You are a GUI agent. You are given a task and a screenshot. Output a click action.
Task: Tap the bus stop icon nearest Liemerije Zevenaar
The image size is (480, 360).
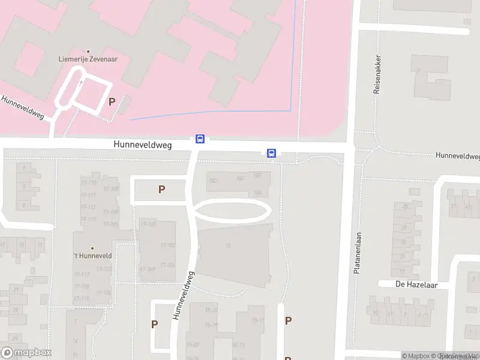[200, 139]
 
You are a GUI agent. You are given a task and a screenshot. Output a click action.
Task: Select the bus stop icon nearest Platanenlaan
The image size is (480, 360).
[272, 153]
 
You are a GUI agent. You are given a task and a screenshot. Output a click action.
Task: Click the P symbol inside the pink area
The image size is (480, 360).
[112, 101]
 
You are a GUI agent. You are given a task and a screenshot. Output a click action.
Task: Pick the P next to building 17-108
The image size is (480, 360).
[161, 190]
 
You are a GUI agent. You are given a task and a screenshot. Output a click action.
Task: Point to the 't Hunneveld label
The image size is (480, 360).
[92, 255]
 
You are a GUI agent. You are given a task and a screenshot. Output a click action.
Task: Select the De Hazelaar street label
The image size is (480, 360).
[413, 284]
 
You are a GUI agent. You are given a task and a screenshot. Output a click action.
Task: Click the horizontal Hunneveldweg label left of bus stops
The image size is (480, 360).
[143, 145]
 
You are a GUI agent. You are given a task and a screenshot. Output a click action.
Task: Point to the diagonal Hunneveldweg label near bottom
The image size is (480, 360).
[184, 295]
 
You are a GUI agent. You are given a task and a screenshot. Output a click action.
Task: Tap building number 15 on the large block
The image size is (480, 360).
[228, 245]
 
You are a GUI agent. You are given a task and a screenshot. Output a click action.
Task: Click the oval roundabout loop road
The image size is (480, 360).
[231, 211]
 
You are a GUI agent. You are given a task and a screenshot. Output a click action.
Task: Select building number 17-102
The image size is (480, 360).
[167, 245]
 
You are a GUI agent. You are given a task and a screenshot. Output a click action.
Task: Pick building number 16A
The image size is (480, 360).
[258, 193]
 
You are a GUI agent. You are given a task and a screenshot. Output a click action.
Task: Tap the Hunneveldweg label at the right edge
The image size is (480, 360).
[458, 156]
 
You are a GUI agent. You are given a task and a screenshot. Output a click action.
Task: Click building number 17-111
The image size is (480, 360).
[88, 195]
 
